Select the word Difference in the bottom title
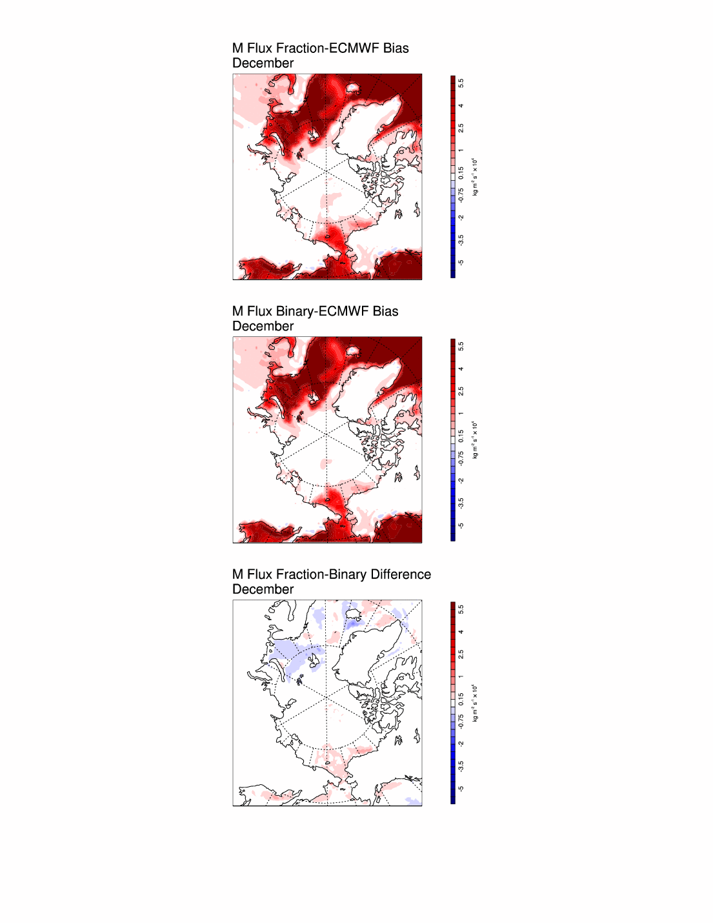[401, 574]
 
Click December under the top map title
[263, 63]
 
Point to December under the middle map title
[263, 327]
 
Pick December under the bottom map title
[263, 589]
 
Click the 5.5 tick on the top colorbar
[461, 83]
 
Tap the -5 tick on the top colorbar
[461, 263]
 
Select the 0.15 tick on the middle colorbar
[461, 436]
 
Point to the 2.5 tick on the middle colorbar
[461, 391]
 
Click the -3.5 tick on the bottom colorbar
[461, 766]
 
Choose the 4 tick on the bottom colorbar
[461, 632]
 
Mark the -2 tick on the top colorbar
[461, 218]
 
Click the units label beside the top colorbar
[476, 176]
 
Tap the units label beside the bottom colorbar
[476, 703]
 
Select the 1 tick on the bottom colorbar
[461, 676]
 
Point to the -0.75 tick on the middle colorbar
[461, 458]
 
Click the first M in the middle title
[237, 311]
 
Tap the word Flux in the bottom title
[260, 574]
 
